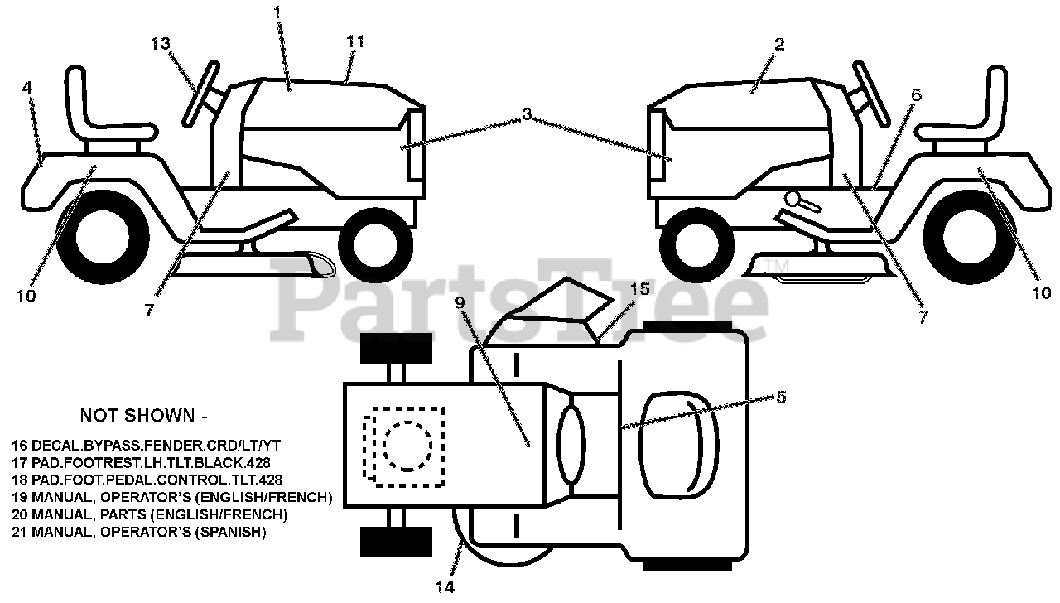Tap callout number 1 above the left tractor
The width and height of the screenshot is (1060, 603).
tap(277, 12)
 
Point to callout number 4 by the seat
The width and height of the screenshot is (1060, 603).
tap(28, 86)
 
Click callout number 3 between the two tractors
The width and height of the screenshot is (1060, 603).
tap(527, 114)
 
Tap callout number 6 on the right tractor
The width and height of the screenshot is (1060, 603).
tap(915, 94)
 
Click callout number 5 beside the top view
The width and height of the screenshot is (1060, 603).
tap(780, 396)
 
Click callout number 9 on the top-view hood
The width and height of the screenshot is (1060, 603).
tap(461, 305)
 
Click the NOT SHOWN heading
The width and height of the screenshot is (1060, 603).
tap(137, 414)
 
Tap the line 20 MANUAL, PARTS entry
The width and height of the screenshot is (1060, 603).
tap(151, 515)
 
